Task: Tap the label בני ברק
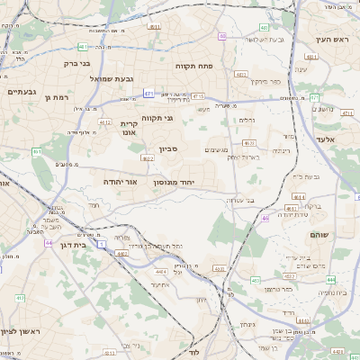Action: (76, 64)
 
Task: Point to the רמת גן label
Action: (56, 97)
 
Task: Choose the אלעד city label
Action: (325, 139)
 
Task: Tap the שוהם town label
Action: (319, 234)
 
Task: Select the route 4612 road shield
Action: (105, 122)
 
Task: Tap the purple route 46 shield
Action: (265, 218)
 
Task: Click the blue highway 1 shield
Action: (101, 244)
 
